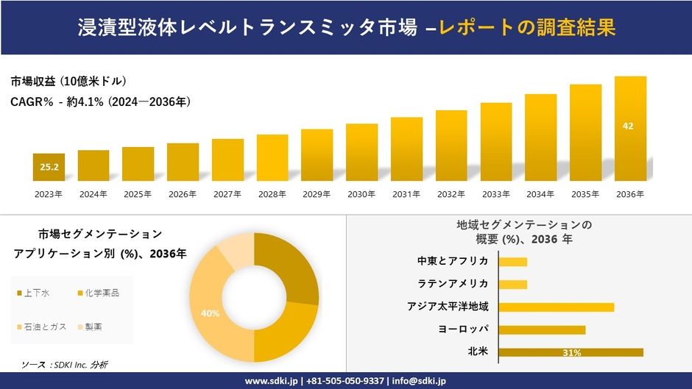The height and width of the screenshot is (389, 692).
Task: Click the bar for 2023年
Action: point(49,168)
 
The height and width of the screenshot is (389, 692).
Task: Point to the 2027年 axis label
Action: point(227,194)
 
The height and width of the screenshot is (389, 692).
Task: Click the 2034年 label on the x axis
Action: point(540,194)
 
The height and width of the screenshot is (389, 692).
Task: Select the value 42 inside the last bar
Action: point(628,126)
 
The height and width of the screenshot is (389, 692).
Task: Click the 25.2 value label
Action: point(49,168)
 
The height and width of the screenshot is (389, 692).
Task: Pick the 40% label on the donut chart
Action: point(210,314)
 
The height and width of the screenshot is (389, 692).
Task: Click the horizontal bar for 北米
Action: point(571,352)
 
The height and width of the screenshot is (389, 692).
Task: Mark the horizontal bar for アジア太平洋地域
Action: point(556,307)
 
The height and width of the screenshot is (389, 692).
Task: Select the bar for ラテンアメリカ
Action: point(513,284)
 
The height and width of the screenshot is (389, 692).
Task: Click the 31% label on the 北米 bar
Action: point(571,353)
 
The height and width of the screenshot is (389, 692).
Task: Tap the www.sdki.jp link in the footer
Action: point(270,381)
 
